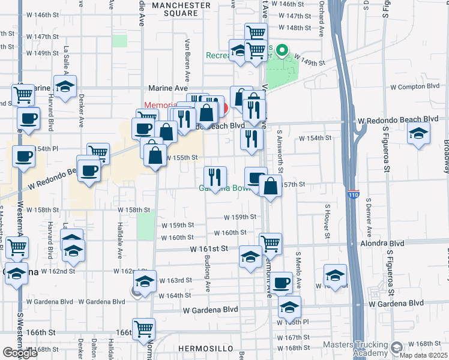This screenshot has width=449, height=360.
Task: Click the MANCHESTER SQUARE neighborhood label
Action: point(181,9)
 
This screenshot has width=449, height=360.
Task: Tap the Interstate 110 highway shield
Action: point(354,195)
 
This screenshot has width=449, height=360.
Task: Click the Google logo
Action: point(20,353)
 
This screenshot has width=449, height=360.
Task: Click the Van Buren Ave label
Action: point(187,61)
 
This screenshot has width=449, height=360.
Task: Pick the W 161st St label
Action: point(209,248)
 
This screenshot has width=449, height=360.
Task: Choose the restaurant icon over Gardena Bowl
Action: point(215,177)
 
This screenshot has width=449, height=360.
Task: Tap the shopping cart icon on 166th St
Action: point(143,328)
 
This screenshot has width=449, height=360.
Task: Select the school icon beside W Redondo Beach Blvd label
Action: point(418,133)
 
